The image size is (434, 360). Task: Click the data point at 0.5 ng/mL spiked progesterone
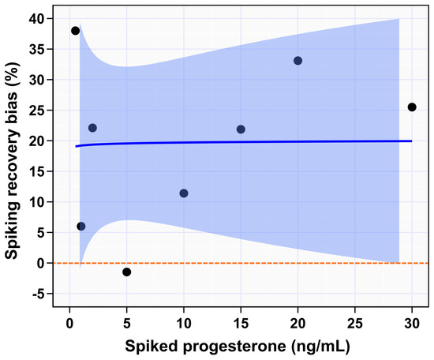pyautogui.click(x=76, y=31)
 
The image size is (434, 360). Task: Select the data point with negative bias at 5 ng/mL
pyautogui.click(x=127, y=272)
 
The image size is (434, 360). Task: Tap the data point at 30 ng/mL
pyautogui.click(x=412, y=107)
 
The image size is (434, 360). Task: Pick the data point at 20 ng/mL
pyautogui.click(x=298, y=61)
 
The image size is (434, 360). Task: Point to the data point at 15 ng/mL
pyautogui.click(x=241, y=129)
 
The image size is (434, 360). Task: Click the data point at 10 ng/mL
pyautogui.click(x=184, y=193)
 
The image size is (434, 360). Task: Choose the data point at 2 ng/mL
pyautogui.click(x=92, y=128)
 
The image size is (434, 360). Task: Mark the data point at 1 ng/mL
pyautogui.click(x=81, y=227)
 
